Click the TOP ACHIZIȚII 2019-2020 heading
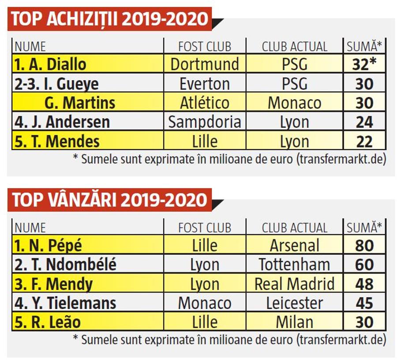(x=109, y=19)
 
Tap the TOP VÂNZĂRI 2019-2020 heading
(x=109, y=200)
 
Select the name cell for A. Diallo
(x=88, y=63)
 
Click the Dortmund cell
(x=205, y=63)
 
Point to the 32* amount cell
(x=364, y=63)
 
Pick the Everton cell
(x=205, y=83)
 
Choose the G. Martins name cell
(x=88, y=102)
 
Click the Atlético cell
(x=205, y=102)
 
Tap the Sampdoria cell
(x=205, y=122)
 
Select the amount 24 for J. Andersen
(x=364, y=122)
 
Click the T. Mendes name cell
(x=88, y=141)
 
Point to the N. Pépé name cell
(x=88, y=245)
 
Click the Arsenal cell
(x=295, y=245)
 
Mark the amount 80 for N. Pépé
(x=364, y=245)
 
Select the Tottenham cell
(x=295, y=264)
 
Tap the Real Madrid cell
(x=295, y=283)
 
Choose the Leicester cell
(x=295, y=302)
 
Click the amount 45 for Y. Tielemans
(x=364, y=302)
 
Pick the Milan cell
(x=295, y=321)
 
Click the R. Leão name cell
(x=88, y=321)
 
